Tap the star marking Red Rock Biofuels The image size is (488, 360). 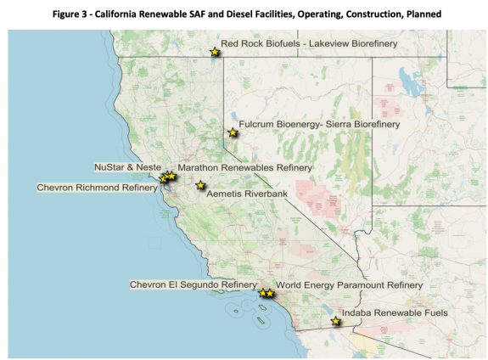click(215, 53)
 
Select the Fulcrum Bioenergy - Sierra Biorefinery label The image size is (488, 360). click(318, 124)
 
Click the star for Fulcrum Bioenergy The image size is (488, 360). click(232, 132)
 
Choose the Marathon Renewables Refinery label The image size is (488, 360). click(245, 168)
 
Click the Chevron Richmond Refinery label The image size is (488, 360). click(97, 187)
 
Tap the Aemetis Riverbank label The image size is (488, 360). click(247, 194)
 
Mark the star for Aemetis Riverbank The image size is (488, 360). click(200, 185)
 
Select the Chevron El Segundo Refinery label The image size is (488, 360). click(193, 284)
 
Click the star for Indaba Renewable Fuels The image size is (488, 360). click(336, 322)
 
